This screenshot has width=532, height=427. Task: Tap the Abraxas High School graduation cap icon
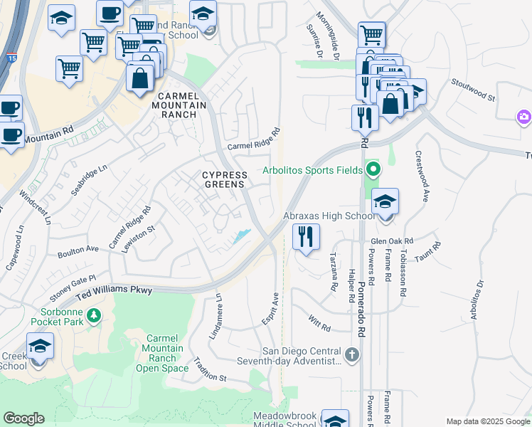pyautogui.click(x=385, y=201)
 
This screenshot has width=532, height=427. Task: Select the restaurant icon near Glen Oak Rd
pyautogui.click(x=306, y=236)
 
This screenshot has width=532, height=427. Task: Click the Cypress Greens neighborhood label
pyautogui.click(x=224, y=179)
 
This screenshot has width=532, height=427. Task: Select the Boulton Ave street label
pyautogui.click(x=78, y=251)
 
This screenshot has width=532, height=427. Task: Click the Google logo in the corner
pyautogui.click(x=23, y=418)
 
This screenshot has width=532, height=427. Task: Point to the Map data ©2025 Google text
pyautogui.click(x=488, y=421)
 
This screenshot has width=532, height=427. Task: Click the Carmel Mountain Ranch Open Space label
pyautogui.click(x=166, y=353)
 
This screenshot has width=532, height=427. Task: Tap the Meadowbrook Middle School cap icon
pyautogui.click(x=335, y=421)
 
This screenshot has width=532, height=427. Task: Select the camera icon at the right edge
pyautogui.click(x=525, y=116)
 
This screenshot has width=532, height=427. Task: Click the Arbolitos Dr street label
pyautogui.click(x=477, y=300)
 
